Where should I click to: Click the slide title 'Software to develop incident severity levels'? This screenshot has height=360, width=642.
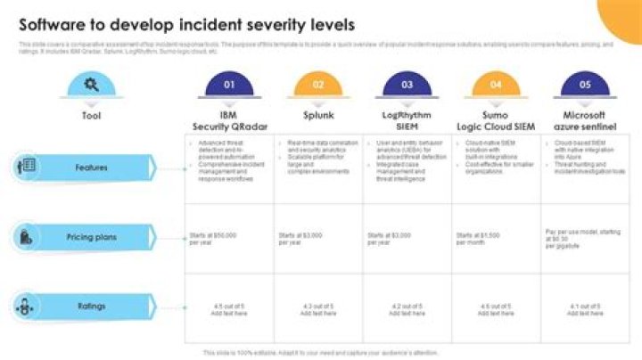pos(186,23)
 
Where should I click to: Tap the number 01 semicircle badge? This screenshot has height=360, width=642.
pos(229,86)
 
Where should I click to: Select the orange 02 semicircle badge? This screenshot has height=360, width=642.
pos(318,86)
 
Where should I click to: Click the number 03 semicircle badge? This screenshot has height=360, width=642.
pos(407,86)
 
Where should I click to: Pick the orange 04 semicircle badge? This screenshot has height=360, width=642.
pos(497,86)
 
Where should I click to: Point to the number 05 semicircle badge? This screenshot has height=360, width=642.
pos(586,86)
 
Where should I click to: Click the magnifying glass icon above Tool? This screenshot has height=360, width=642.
pos(91,86)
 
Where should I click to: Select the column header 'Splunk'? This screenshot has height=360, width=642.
pos(318,116)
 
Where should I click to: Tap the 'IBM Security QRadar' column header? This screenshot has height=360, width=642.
pos(229,121)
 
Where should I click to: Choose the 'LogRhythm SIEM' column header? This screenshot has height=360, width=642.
pos(407,121)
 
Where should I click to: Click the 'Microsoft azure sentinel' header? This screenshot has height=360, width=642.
pos(586,121)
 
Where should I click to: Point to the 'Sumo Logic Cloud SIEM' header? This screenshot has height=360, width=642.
pos(497,121)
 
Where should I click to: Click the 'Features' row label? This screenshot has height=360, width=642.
pos(91,168)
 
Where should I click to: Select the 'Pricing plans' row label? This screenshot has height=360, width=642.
pos(91,237)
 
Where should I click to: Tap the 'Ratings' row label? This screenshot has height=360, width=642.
pos(91,307)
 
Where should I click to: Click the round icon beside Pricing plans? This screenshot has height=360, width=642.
pos(27,237)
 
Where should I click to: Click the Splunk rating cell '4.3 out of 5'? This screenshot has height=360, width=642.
pos(318,309)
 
